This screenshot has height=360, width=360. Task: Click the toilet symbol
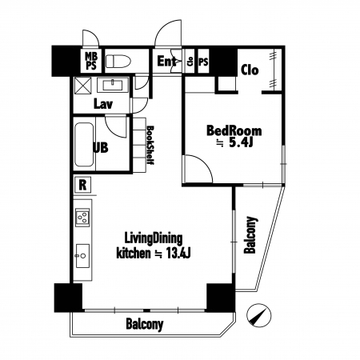tap(118, 61)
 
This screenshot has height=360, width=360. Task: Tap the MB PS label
tap(91, 61)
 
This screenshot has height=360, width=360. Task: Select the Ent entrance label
tap(166, 62)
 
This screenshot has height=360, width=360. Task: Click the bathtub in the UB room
tap(84, 145)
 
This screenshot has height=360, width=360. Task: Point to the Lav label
tap(103, 104)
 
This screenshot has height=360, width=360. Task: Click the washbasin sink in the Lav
tap(113, 85)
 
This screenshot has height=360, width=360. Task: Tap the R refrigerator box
tap(83, 185)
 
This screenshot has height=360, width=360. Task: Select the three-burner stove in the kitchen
tap(82, 217)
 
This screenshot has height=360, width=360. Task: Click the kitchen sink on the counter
tap(82, 255)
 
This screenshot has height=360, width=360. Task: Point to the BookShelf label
tap(150, 146)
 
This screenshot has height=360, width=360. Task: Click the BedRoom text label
tap(234, 131)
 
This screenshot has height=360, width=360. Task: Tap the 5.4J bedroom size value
tap(241, 143)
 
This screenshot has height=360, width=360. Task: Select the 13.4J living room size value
tap(178, 253)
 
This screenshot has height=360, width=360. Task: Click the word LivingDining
tap(154, 239)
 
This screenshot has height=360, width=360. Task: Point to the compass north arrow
tap(258, 315)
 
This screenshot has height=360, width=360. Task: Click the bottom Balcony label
tap(145, 325)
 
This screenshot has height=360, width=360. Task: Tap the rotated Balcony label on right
tap(250, 234)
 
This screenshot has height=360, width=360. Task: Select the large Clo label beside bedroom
tap(250, 70)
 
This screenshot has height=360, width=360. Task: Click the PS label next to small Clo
tap(203, 62)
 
